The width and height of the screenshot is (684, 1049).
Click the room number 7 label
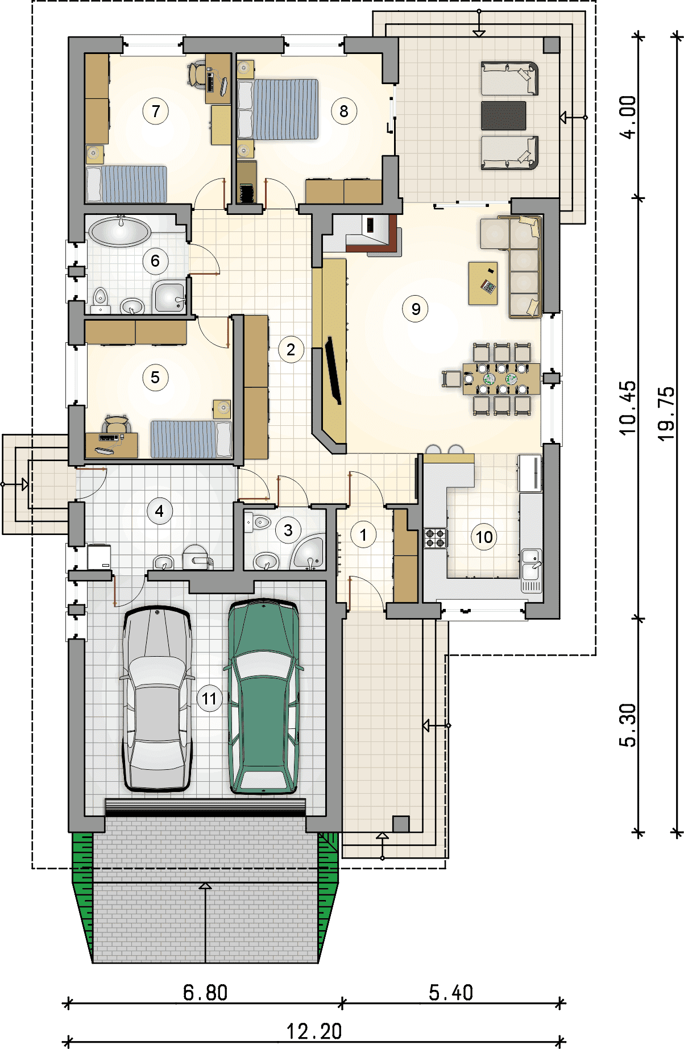[x=155, y=111]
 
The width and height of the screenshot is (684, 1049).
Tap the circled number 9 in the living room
[x=416, y=309]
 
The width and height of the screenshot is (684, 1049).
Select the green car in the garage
[x=263, y=696]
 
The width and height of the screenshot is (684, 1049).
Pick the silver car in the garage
[x=156, y=699]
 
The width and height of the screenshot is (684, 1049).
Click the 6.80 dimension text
[x=205, y=993]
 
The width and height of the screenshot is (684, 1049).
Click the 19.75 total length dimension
[x=666, y=413]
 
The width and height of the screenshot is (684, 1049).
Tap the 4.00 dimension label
[x=628, y=117]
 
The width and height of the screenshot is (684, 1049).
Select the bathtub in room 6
[x=119, y=232]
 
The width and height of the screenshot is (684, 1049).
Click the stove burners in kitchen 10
[x=436, y=538]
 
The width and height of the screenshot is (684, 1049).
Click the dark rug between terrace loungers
[x=504, y=115]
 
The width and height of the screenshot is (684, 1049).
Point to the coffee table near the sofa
[x=483, y=283]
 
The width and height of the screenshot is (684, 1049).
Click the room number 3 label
[x=288, y=530]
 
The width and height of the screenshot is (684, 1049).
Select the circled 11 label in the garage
[x=209, y=699]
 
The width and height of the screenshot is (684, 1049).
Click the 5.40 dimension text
[x=451, y=993]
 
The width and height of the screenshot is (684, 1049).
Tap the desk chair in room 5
[x=117, y=424]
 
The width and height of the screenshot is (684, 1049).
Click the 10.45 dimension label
[x=628, y=408]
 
